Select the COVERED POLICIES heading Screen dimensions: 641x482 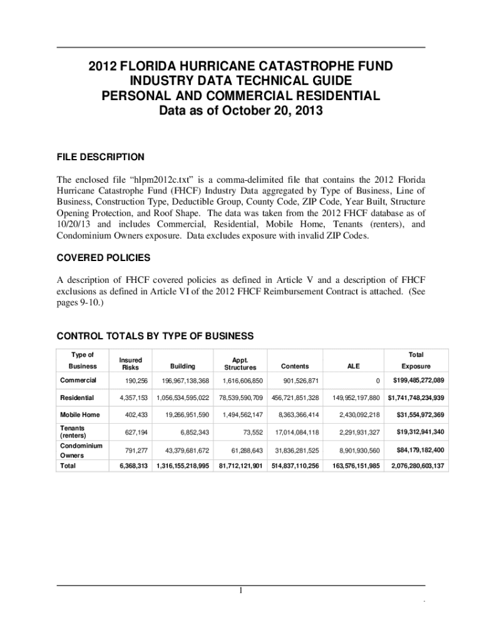click(103, 258)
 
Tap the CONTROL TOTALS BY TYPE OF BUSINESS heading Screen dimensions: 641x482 click(155, 336)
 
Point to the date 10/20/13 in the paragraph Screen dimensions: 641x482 click(74, 224)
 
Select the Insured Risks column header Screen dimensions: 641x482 click(131, 364)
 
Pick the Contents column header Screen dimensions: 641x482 click(294, 366)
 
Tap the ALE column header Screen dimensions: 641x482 click(354, 366)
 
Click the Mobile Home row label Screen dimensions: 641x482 click(79, 414)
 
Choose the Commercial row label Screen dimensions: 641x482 click(78, 380)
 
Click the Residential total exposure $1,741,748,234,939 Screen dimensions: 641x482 click(416, 397)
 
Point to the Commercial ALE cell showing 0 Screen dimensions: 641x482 click(377, 381)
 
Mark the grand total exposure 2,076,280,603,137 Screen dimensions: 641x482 click(416, 466)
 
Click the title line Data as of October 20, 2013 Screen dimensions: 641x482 click(241, 112)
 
